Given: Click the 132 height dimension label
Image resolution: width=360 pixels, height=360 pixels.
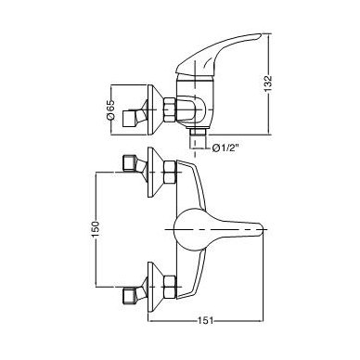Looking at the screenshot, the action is [x=268, y=84].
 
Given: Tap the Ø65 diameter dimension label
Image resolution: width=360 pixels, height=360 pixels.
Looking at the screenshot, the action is [x=110, y=109].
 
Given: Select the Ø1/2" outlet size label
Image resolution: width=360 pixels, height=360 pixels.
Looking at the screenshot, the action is [x=226, y=148].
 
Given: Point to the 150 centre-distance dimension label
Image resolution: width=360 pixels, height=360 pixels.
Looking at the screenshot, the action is [x=96, y=229].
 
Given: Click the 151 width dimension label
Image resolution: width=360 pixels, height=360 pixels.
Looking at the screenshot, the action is [x=205, y=321].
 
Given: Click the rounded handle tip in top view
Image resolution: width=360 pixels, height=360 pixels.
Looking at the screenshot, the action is [x=263, y=229].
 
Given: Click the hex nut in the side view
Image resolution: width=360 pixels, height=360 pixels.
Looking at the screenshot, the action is [x=170, y=110].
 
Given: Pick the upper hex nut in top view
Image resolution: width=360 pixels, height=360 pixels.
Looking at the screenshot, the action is [x=170, y=173].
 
